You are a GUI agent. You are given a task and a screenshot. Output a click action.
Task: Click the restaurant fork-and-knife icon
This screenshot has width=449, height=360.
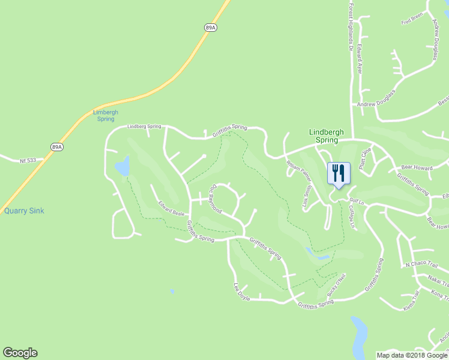pos(339,173)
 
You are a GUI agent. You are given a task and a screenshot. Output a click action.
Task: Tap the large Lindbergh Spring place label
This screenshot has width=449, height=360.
pos(324,136)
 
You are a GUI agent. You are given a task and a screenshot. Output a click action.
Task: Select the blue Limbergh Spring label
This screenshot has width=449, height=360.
pos(106,115)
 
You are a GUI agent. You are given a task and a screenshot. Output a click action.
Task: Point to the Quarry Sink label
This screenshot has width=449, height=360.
pos(24,211)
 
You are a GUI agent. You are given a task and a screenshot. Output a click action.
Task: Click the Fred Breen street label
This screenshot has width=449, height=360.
pos(412,19)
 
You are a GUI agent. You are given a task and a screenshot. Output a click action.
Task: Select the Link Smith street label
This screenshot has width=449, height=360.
pos(307,196)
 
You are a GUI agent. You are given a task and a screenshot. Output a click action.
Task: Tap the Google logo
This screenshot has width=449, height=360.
pos(20,353)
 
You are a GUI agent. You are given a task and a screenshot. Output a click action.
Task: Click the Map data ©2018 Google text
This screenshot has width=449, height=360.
pos(412,355)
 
